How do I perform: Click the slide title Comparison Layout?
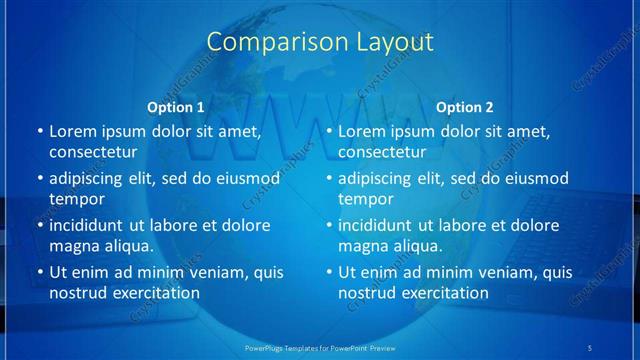[x=320, y=42]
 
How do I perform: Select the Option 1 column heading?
[x=176, y=107]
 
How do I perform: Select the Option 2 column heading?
[x=465, y=107]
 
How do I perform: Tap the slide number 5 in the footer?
[x=591, y=347]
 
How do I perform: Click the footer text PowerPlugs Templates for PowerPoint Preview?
[x=320, y=347]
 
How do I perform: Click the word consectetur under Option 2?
[x=381, y=152]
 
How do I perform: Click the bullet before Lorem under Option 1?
[x=39, y=131]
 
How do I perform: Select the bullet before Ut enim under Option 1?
[x=39, y=272]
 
